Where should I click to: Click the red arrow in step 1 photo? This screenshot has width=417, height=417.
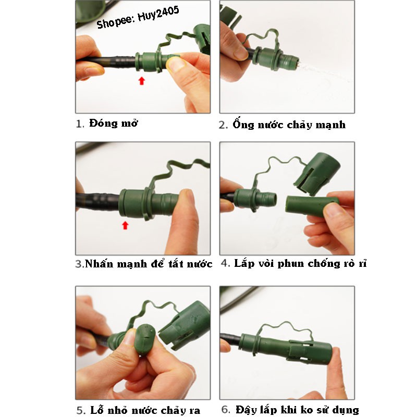[142, 81]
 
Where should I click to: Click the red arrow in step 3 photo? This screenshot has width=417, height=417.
[125, 225]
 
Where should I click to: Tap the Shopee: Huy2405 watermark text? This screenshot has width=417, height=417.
[138, 17]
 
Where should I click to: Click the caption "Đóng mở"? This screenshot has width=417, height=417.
[114, 123]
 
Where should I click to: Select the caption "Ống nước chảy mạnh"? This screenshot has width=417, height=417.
[289, 124]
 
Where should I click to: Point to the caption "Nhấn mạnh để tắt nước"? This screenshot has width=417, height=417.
[149, 263]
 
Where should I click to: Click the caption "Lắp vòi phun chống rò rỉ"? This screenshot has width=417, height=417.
[300, 263]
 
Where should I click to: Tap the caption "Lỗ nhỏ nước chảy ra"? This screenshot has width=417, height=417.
[145, 410]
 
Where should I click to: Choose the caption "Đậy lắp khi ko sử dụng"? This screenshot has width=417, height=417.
[297, 410]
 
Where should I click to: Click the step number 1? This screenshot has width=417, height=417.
[79, 124]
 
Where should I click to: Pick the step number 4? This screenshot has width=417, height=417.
[225, 263]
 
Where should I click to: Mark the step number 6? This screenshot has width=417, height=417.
[226, 410]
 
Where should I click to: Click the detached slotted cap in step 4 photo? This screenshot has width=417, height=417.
[317, 172]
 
